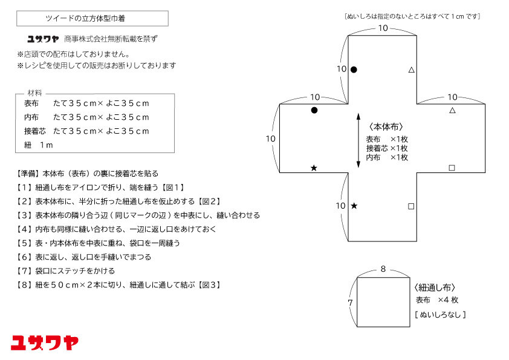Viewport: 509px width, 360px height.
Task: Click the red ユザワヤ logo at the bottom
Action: point(45,342)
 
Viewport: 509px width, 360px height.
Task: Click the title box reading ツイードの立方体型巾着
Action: point(92,19)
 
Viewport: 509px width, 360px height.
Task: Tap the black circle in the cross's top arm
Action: point(354,70)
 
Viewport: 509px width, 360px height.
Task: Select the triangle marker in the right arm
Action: point(452,110)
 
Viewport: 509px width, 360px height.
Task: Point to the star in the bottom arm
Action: point(354,206)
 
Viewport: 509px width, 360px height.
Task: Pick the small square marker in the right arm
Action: point(452,168)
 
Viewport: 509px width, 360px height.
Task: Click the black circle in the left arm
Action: point(314,110)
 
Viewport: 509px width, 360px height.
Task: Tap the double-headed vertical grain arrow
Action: point(358,140)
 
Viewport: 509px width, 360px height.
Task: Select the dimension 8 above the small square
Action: point(383,269)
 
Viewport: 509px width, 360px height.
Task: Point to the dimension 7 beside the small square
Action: point(350,302)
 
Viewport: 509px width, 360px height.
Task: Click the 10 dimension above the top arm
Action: point(383,28)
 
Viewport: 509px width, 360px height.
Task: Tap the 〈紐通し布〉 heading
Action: point(435,287)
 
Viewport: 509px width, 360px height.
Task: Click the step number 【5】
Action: point(24,243)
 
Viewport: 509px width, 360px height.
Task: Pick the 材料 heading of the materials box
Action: point(34,93)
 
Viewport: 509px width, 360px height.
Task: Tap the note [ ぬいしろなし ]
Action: point(440,315)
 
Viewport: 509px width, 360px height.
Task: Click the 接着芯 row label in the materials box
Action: point(35,131)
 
